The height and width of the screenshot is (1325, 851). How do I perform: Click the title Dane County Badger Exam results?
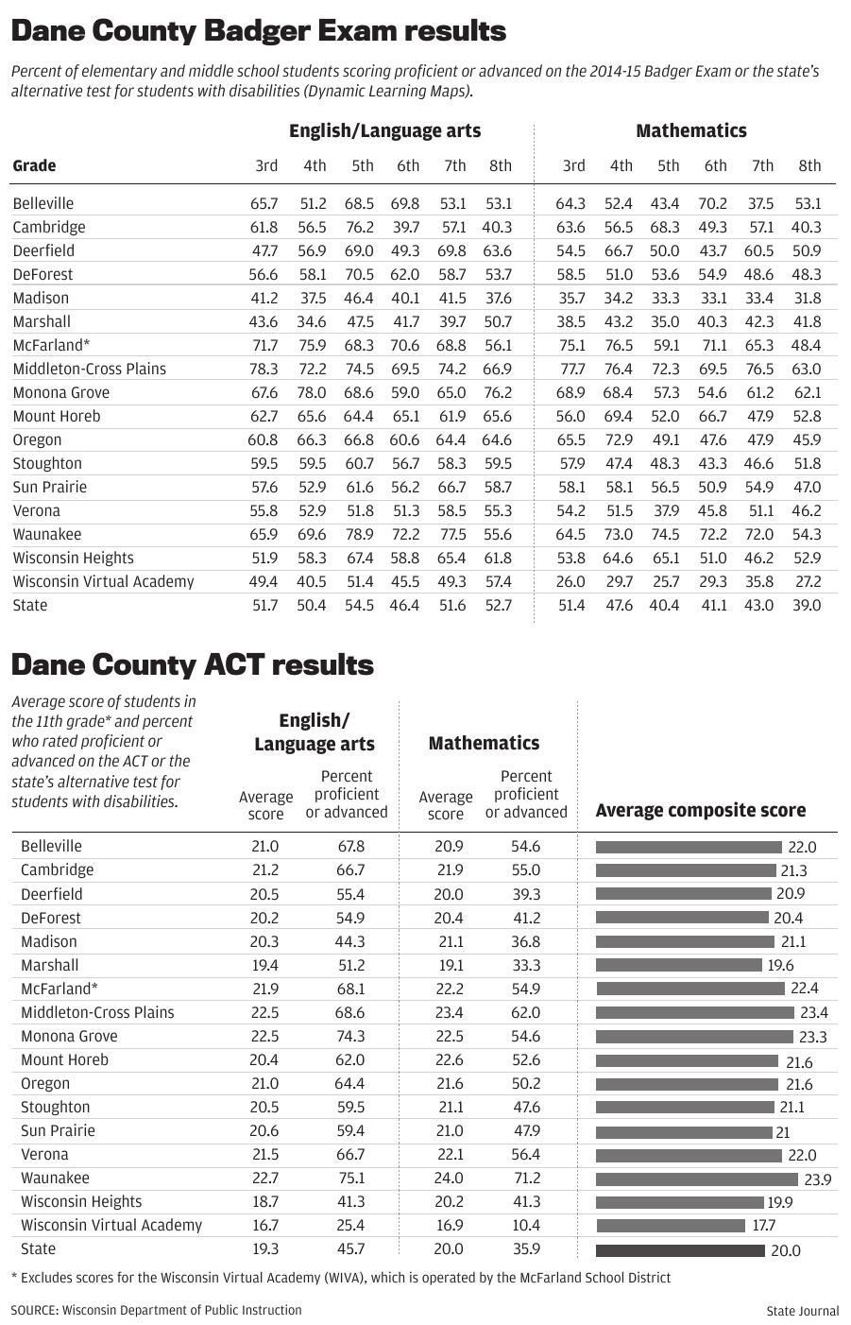pyautogui.click(x=258, y=31)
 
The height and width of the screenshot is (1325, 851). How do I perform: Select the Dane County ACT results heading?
pyautogui.click(x=192, y=664)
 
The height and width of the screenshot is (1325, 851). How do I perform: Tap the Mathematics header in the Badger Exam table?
pyautogui.click(x=690, y=131)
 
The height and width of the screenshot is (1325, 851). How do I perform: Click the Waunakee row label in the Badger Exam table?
pyautogui.click(x=47, y=534)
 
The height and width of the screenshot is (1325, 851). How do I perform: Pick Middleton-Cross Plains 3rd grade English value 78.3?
pyautogui.click(x=264, y=369)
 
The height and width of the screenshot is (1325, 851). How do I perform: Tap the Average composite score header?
pyautogui.click(x=700, y=810)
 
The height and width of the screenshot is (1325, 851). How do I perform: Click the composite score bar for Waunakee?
pyautogui.click(x=696, y=1179)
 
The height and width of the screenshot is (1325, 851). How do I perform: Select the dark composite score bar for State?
pyautogui.click(x=680, y=1250)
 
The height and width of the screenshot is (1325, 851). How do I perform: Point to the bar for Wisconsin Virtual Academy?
pyautogui.click(x=671, y=1226)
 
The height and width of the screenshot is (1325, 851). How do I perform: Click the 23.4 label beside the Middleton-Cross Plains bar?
pyautogui.click(x=813, y=1012)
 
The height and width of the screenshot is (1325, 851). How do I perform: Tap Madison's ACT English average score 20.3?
pyautogui.click(x=264, y=941)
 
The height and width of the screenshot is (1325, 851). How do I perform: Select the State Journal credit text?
pyautogui.click(x=802, y=1310)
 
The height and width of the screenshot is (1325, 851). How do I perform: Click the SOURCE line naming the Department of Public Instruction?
pyautogui.click(x=157, y=1310)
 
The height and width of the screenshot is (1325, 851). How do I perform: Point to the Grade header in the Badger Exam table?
pyautogui.click(x=34, y=166)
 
